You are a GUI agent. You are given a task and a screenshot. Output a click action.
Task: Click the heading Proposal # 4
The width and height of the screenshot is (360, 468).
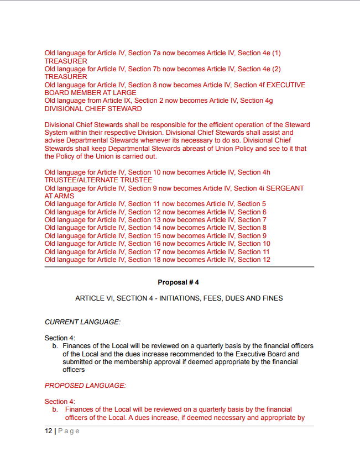tap(178, 282)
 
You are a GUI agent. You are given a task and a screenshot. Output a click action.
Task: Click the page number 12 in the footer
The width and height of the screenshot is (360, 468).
tap(48, 431)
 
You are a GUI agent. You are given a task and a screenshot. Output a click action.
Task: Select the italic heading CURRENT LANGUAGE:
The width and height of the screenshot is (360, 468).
tap(82, 322)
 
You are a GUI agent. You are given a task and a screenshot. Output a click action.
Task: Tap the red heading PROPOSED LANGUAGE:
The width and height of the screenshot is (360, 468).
tap(85, 386)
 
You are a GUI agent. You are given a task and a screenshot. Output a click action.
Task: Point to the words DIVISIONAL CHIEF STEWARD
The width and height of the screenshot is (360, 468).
tap(93, 109)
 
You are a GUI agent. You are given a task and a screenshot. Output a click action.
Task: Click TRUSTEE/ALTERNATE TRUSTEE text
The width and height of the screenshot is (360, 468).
tap(98, 181)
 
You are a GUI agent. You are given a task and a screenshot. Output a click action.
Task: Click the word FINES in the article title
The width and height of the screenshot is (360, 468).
tap(273, 298)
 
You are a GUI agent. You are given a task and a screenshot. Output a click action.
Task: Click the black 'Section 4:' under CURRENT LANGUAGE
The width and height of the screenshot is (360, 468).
tap(60, 338)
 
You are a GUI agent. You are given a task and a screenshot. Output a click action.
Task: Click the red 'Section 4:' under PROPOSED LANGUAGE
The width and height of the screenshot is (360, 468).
tap(60, 402)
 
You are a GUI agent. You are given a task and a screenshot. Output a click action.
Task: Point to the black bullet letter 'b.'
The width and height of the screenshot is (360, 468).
tap(55, 346)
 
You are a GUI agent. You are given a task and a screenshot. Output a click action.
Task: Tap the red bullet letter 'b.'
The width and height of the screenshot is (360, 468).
tap(55, 410)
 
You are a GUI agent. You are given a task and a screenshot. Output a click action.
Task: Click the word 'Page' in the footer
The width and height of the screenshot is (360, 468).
tap(69, 431)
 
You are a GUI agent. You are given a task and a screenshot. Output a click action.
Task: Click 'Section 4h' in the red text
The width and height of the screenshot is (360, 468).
tap(254, 172)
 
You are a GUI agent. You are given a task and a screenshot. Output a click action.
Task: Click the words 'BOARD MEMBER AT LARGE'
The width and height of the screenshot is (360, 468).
tap(90, 93)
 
